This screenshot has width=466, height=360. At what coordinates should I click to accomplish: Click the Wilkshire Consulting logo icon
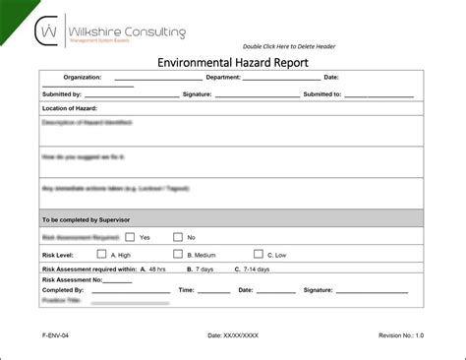(47, 32)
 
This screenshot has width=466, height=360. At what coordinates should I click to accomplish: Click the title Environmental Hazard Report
(233, 62)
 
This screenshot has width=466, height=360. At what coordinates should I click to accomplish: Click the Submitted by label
(62, 94)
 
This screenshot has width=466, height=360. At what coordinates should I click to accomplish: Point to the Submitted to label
(322, 94)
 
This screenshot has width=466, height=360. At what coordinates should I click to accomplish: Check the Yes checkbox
(129, 237)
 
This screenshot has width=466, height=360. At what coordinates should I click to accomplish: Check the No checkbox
(178, 237)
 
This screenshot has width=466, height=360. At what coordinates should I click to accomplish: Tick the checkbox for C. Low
(259, 253)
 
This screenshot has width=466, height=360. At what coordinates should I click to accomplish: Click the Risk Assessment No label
(73, 279)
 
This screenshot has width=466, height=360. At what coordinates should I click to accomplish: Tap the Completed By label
(64, 290)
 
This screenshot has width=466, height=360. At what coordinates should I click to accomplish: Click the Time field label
(187, 290)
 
